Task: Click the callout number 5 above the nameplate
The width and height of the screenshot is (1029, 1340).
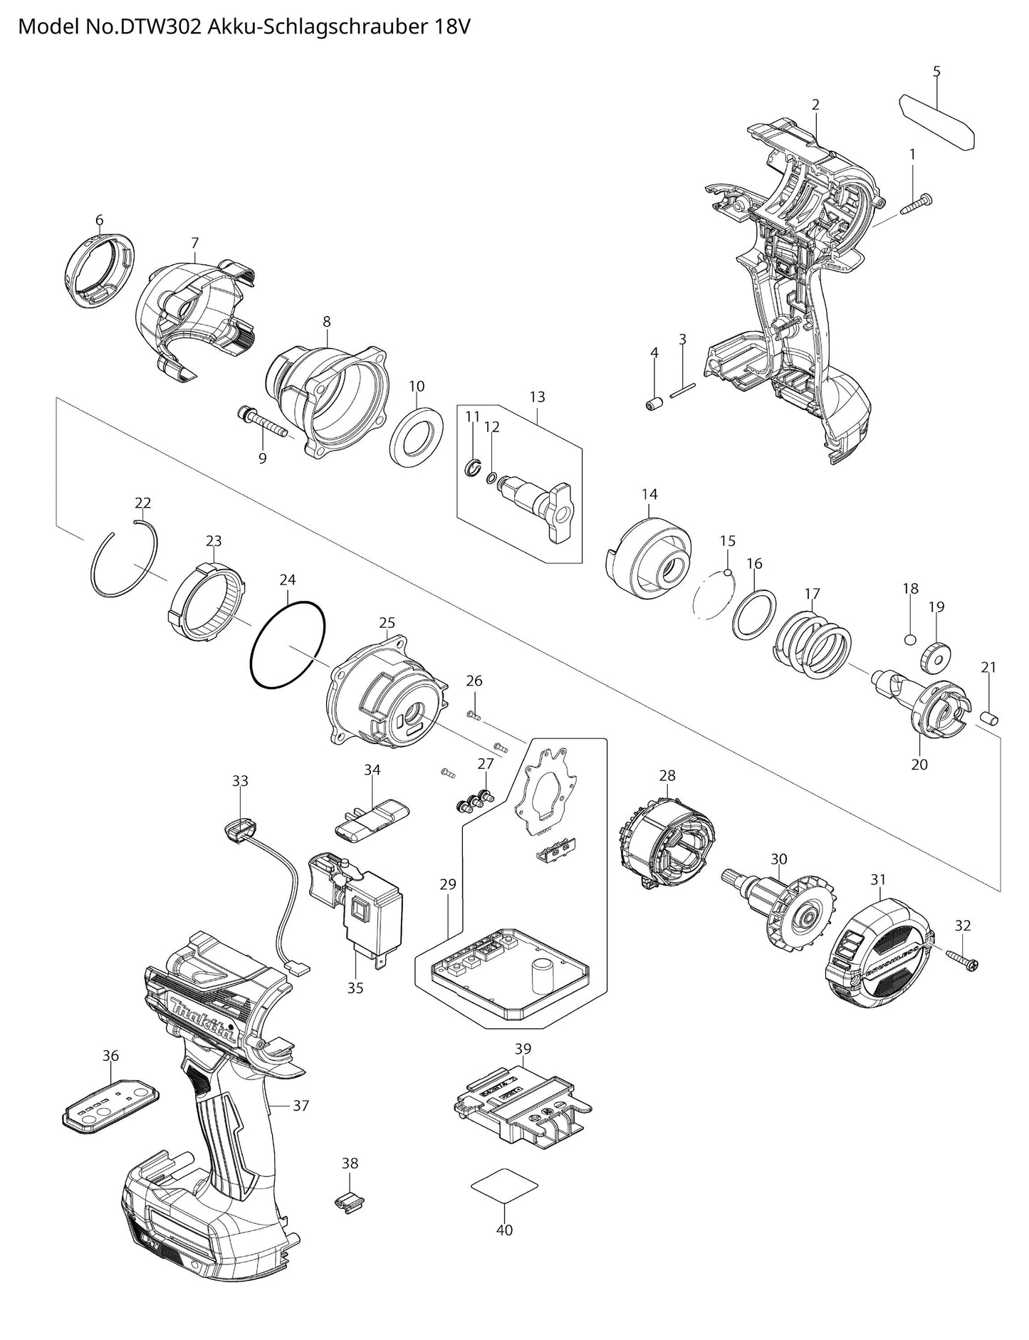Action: [936, 71]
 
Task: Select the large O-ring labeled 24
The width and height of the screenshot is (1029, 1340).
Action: [288, 645]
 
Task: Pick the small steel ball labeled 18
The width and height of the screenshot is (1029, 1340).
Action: [909, 639]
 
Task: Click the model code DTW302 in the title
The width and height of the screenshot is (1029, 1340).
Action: [157, 27]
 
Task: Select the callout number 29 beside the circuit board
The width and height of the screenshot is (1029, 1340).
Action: [447, 884]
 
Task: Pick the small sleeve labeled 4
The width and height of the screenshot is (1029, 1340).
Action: [654, 404]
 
